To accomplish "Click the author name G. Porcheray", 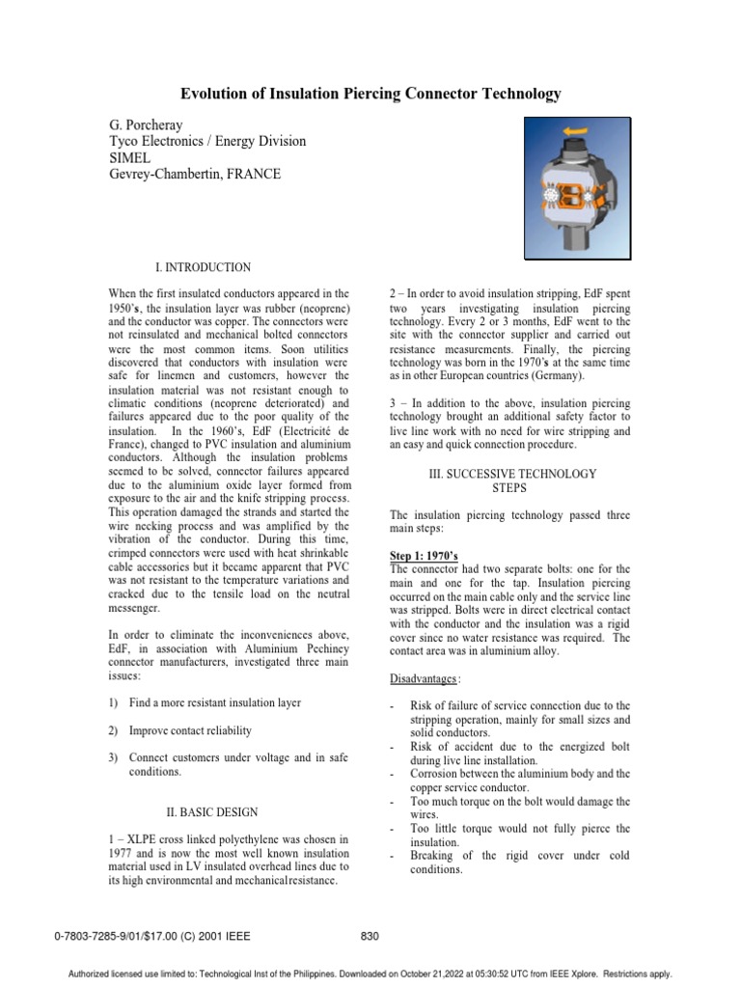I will pyautogui.click(x=149, y=125).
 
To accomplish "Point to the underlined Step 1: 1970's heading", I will pyautogui.click(x=424, y=557).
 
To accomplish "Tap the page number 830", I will pyautogui.click(x=370, y=935).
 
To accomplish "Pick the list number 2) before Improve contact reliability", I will pyautogui.click(x=114, y=730).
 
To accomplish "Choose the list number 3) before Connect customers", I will pyautogui.click(x=114, y=758).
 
